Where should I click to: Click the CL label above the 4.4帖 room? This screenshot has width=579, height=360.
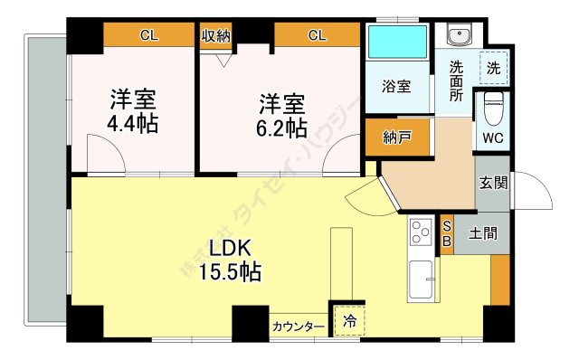(x=149, y=35)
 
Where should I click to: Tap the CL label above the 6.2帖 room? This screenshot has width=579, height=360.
(x=318, y=35)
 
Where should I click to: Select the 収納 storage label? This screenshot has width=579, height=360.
(x=216, y=36)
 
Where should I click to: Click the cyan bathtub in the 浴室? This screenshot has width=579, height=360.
(x=397, y=42)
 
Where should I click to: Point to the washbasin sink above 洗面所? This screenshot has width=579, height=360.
(x=459, y=34)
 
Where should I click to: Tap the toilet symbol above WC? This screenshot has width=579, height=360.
(x=493, y=108)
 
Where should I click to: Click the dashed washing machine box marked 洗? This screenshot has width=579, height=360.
(x=494, y=69)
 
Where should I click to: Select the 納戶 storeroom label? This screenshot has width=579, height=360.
(x=397, y=137)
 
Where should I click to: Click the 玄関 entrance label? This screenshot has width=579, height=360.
(x=493, y=183)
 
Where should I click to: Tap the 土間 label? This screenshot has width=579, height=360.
(x=483, y=233)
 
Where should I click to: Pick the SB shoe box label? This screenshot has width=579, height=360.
(x=447, y=233)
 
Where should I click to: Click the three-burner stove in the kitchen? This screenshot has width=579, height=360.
(x=421, y=232)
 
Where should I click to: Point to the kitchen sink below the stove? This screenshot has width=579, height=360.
(x=421, y=279)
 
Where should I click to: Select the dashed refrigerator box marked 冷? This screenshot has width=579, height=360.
(x=349, y=321)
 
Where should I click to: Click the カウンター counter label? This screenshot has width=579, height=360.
(x=299, y=327)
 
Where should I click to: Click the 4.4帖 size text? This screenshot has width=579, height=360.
(x=133, y=124)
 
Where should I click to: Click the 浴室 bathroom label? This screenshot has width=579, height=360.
(x=396, y=87)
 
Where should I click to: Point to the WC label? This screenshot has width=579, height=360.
(x=493, y=138)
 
